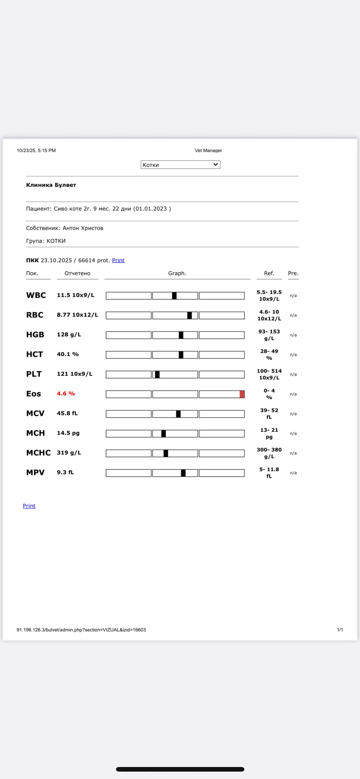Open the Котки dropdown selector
pos(180,165)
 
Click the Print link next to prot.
pos(118,260)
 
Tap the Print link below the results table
pos(29,506)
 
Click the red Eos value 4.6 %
pos(66,393)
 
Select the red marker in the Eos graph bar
pos(242,394)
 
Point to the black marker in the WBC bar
pos(174,296)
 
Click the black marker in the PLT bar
pos(157,374)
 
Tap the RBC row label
pos(35,315)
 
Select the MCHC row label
pos(38,453)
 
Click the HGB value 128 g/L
pos(69,334)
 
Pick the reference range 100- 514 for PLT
pos(269,371)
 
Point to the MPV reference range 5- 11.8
pos(269,469)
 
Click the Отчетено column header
pos(78,273)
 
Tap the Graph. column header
pos(177,273)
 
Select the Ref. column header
pos(269,273)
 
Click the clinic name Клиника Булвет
pos(51,185)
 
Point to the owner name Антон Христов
pos(83,228)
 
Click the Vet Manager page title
pos(208,150)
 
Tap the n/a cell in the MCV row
pos(293,414)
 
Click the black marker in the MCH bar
pos(164,433)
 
